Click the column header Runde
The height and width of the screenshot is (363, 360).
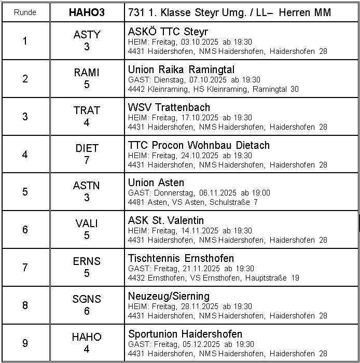25,12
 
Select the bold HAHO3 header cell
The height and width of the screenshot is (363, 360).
87,12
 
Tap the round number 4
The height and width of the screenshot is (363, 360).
25,155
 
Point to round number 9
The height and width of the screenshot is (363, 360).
25,343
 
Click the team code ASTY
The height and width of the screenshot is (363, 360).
87,35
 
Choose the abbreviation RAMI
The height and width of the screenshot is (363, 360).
87,73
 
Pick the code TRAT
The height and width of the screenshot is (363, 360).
87,110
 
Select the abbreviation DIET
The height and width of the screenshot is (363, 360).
87,148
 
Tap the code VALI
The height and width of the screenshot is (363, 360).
87,224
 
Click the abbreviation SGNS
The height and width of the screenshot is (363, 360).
87,299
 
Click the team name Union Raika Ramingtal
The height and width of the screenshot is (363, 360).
181,69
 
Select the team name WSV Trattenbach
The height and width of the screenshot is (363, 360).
169,107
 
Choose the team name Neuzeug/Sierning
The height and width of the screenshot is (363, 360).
169,296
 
